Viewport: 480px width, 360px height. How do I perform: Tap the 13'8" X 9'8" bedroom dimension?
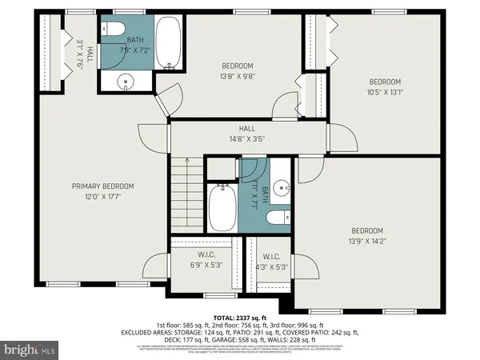pyautogui.click(x=237, y=77)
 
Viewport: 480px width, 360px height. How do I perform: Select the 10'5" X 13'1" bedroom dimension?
pyautogui.click(x=385, y=91)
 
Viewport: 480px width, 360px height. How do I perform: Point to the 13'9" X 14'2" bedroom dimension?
pyautogui.click(x=367, y=241)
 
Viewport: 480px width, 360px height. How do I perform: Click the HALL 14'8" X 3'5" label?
pyautogui.click(x=246, y=134)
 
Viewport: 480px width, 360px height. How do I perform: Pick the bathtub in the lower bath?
pyautogui.click(x=222, y=206)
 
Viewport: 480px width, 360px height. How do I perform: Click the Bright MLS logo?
pyautogui.click(x=30, y=350)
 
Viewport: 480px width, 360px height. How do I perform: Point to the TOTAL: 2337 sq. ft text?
pyautogui.click(x=239, y=318)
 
